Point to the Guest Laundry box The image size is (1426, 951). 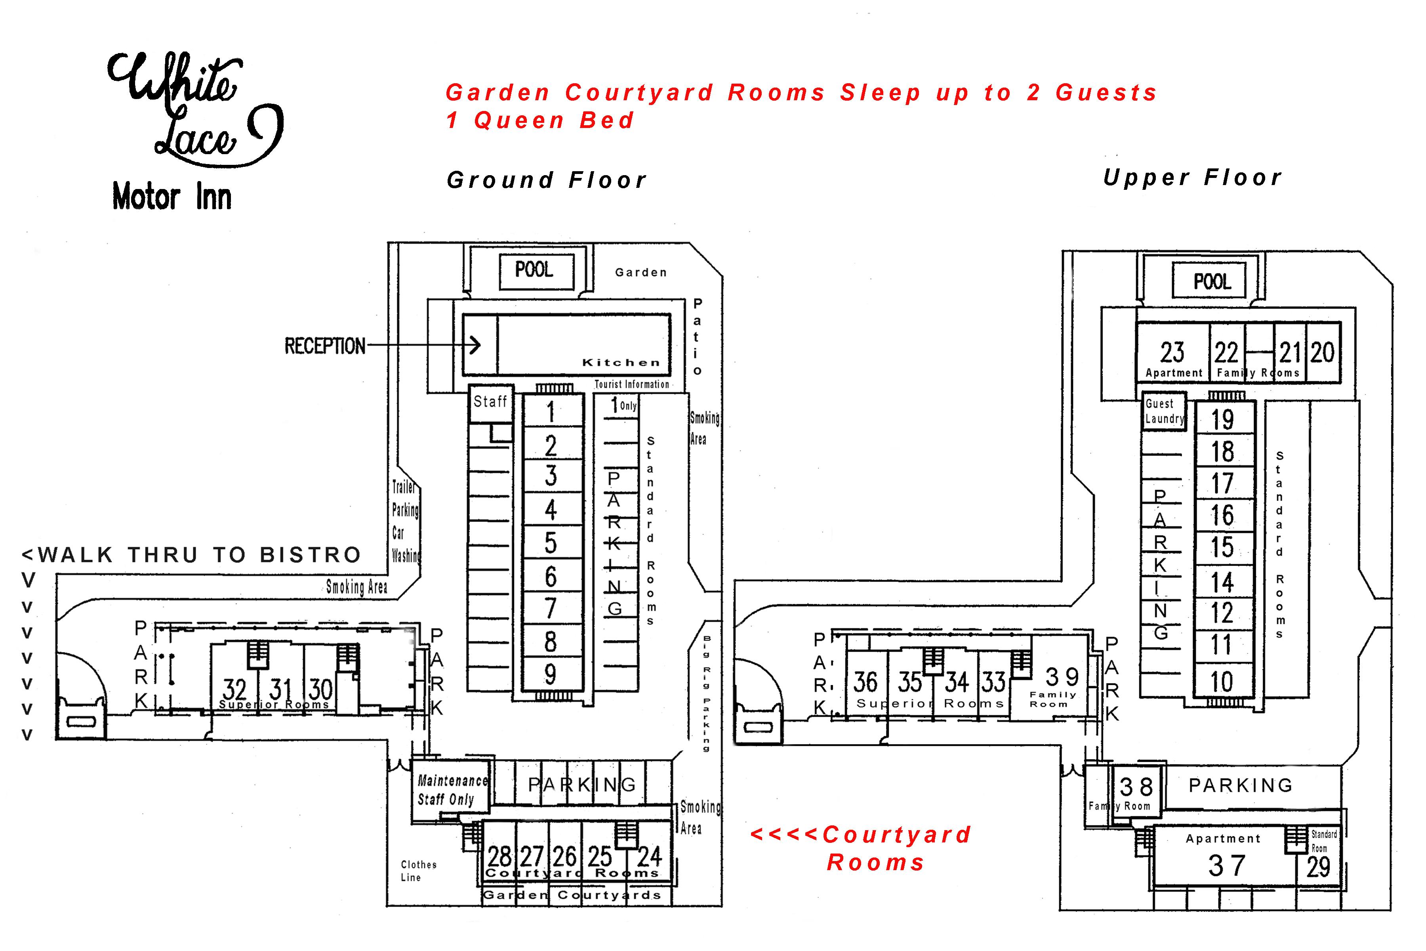(x=1163, y=411)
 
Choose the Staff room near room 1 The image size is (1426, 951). (x=490, y=403)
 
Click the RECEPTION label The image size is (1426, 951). (x=325, y=346)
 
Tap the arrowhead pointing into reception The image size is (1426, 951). (x=476, y=345)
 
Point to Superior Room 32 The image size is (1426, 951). (x=234, y=689)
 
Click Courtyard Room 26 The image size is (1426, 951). (x=564, y=856)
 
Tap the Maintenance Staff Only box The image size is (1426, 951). (x=452, y=790)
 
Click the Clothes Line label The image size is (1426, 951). (x=418, y=871)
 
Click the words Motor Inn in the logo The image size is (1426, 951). (x=172, y=198)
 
